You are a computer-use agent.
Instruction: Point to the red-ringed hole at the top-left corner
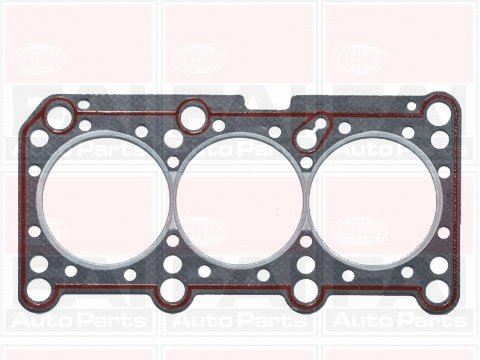pos(58,115)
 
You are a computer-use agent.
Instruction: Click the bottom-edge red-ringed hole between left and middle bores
pos(172,291)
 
